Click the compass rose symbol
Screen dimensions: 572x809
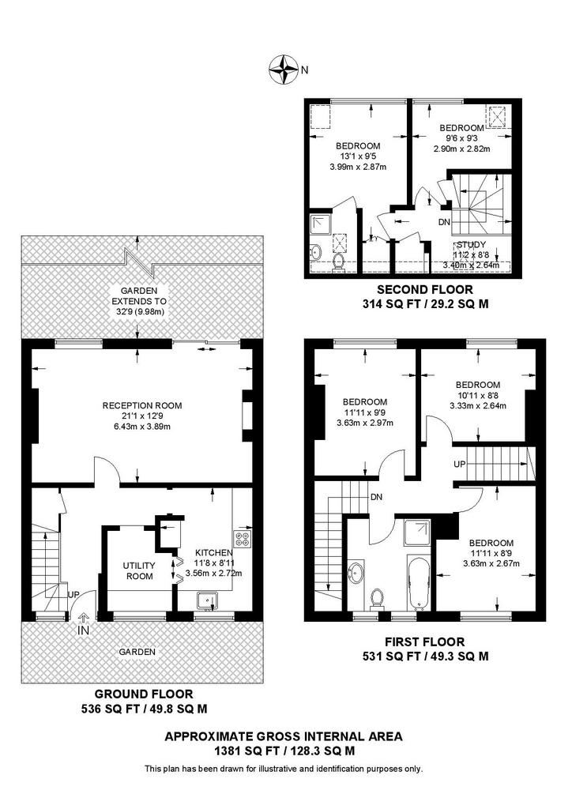click(x=283, y=70)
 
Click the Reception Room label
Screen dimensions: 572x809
click(x=142, y=405)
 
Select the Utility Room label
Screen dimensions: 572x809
click(x=140, y=570)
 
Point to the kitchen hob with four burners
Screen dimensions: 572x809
click(x=243, y=539)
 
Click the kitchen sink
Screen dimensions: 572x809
click(x=208, y=601)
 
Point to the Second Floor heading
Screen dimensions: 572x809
click(x=424, y=289)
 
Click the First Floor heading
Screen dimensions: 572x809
click(x=424, y=642)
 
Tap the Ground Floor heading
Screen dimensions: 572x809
click(x=144, y=694)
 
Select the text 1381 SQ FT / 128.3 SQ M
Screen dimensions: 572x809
click(x=284, y=751)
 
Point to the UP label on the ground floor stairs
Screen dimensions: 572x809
click(x=73, y=594)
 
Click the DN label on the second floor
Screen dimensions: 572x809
click(x=444, y=222)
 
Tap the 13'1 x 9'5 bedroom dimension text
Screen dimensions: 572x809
click(x=358, y=156)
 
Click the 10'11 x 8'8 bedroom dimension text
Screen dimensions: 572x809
click(x=478, y=395)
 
